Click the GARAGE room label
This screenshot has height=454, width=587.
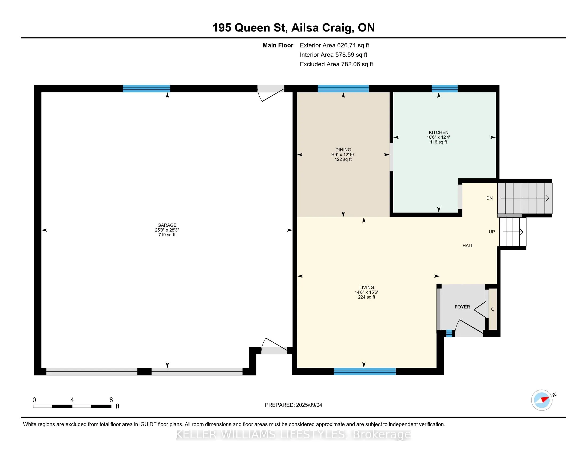167,225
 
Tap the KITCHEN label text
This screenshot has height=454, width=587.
438,132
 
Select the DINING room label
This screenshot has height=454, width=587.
343,150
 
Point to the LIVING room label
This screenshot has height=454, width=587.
367,287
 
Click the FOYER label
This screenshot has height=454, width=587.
462,307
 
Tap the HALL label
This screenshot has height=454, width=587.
468,245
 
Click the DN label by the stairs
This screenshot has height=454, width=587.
489,198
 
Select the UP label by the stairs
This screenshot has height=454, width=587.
491,232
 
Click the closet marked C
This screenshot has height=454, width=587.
493,309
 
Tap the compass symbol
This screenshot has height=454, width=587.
542,400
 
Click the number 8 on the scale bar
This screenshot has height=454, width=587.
111,400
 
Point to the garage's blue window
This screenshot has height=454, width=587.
146,88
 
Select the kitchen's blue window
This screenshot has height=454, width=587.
445,88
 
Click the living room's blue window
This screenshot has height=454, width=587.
365,371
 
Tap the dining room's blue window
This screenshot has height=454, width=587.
343,88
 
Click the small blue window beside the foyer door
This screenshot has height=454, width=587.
449,334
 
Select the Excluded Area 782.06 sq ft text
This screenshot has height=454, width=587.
336,64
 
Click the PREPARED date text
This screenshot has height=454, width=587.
293,405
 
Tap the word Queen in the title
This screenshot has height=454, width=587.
252,28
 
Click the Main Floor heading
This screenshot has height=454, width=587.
278,45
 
